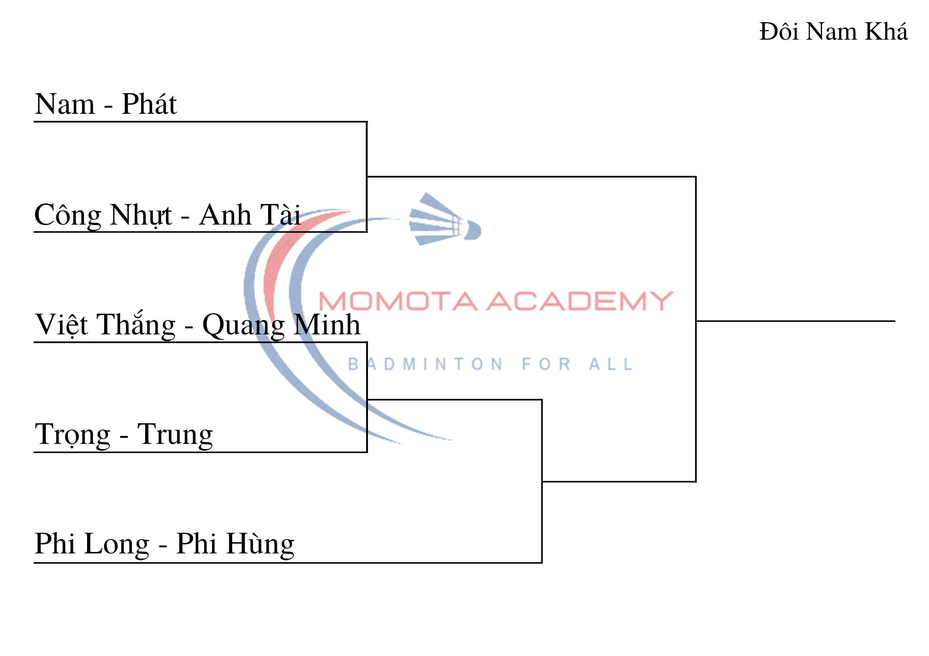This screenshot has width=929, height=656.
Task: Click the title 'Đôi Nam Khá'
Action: [x=834, y=32]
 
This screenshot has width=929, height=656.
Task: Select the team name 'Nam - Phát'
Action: [x=106, y=104]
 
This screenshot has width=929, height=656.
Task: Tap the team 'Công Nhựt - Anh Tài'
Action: [x=167, y=215]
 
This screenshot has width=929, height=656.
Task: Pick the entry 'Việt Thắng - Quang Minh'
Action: [x=197, y=325]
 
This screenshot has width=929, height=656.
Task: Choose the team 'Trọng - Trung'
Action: [x=123, y=435]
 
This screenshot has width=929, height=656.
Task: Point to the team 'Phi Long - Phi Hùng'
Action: [x=164, y=544]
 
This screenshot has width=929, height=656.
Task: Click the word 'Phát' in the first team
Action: [x=149, y=104]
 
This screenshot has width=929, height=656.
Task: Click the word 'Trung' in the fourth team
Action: [x=175, y=435]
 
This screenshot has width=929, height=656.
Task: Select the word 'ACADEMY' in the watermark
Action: [x=580, y=302]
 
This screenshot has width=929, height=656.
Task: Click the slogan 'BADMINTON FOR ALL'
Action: [x=490, y=364]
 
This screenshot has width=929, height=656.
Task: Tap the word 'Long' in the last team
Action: [x=117, y=544]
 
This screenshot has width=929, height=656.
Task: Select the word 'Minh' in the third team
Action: [x=326, y=325]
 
